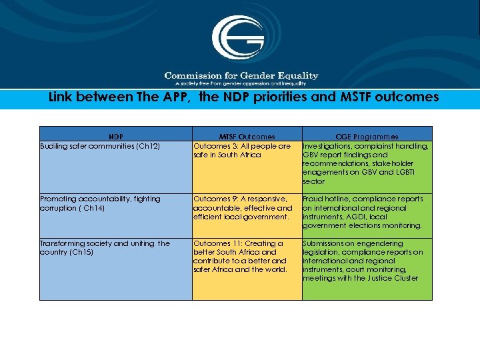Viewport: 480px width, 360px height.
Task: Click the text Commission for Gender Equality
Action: click(241, 75)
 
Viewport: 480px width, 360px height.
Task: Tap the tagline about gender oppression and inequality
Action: click(241, 83)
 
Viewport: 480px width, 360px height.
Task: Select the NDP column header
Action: click(116, 137)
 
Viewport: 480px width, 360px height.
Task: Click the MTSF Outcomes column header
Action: click(247, 137)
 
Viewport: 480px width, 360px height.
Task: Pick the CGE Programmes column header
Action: click(367, 137)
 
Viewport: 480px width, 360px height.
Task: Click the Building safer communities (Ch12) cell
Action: click(100, 146)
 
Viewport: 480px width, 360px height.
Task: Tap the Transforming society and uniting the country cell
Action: click(105, 247)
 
